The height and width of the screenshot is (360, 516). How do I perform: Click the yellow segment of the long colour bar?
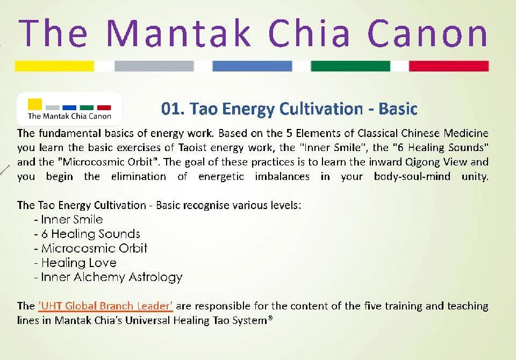[54, 66]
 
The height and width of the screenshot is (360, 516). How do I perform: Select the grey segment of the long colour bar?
[154, 66]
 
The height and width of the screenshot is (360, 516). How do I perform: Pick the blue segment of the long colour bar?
[252, 66]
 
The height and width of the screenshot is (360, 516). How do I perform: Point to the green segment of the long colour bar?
[350, 66]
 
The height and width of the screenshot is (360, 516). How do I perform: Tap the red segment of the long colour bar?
[449, 66]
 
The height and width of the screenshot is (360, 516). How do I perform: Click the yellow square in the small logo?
[35, 104]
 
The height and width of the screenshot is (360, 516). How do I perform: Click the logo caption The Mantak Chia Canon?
[69, 116]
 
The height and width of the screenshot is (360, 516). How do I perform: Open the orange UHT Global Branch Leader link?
[105, 306]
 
